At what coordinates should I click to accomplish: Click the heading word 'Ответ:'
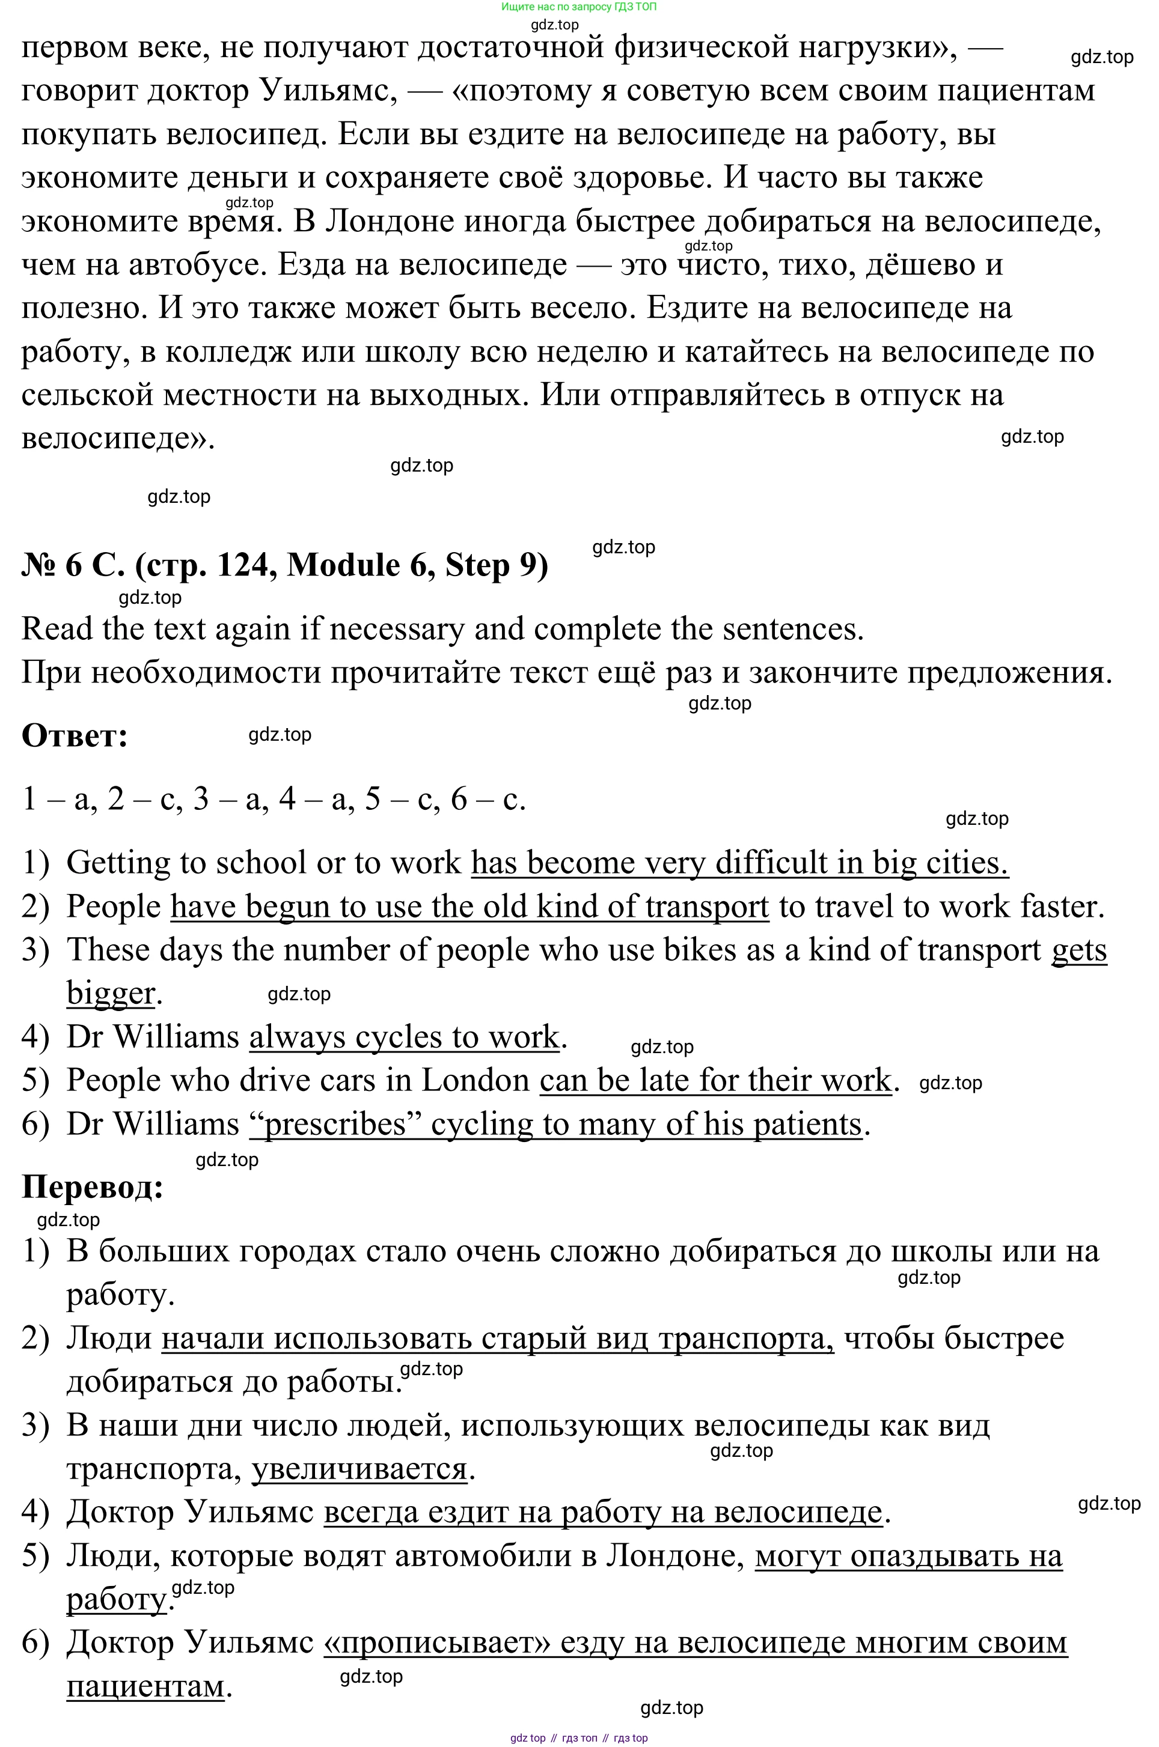pos(75,736)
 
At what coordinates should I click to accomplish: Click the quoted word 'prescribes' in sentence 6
pos(335,1124)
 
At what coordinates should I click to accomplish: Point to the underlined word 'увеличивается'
pos(359,1468)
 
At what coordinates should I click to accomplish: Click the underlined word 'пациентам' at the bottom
pos(145,1686)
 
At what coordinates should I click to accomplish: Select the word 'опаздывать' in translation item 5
pos(934,1556)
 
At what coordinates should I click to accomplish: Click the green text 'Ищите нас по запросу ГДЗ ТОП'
pos(579,7)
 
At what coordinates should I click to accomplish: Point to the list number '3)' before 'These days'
pos(35,950)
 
